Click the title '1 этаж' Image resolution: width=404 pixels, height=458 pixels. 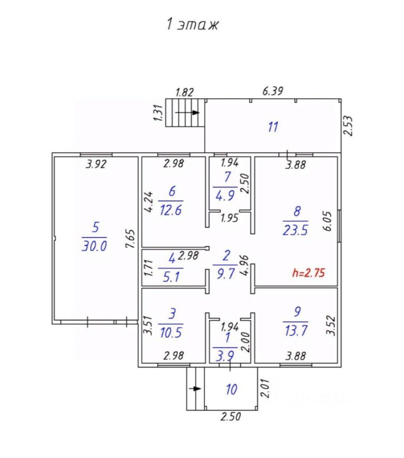click(x=192, y=24)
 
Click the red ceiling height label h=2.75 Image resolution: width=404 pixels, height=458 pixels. click(x=309, y=273)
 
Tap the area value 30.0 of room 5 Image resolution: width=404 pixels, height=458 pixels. click(x=94, y=246)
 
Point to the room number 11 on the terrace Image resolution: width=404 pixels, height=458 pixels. click(x=273, y=127)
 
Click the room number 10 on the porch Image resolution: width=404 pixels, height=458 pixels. click(x=232, y=389)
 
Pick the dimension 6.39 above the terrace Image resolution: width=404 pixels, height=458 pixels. click(x=273, y=91)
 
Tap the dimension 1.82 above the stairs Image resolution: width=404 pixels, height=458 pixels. click(x=185, y=92)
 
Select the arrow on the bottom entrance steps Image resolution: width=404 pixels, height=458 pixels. click(x=195, y=388)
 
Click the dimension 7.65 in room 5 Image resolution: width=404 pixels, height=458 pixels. click(x=130, y=239)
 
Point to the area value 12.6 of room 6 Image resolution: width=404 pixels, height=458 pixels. click(x=171, y=210)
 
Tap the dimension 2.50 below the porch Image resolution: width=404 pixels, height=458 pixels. click(x=231, y=416)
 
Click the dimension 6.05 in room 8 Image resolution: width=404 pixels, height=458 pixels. click(x=328, y=221)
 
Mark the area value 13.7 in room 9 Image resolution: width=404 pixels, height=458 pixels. click(x=295, y=331)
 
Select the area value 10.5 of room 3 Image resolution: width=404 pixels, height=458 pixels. click(x=171, y=333)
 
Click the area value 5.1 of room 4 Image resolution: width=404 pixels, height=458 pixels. click(x=171, y=277)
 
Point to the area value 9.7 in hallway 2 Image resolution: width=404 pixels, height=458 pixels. click(x=226, y=274)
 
